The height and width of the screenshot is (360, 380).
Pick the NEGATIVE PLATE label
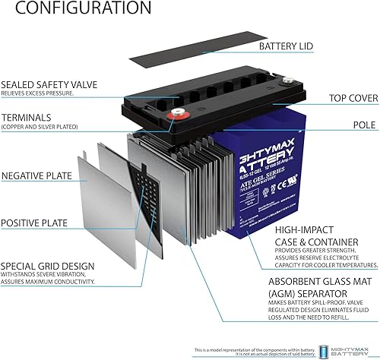[x=36, y=175]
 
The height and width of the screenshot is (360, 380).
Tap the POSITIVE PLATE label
[x=35, y=223]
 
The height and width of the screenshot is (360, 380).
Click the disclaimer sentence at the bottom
[x=257, y=350]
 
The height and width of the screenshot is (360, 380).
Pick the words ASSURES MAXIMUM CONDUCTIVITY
[x=49, y=282]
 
